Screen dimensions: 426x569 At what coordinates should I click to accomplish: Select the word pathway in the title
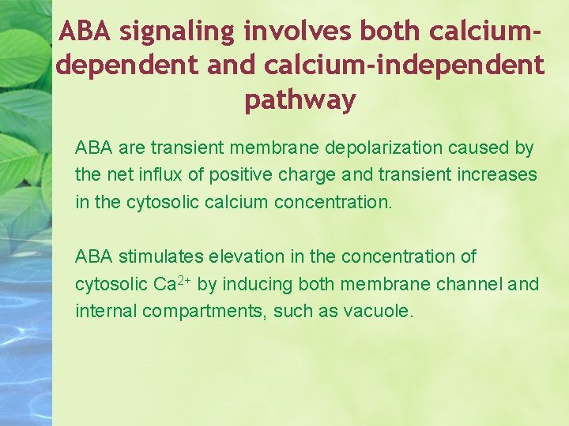tap(300, 100)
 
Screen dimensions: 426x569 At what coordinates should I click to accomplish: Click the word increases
tap(497, 174)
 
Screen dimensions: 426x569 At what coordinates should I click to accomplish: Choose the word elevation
tap(246, 256)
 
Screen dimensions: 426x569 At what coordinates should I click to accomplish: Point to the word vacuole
tap(378, 310)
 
